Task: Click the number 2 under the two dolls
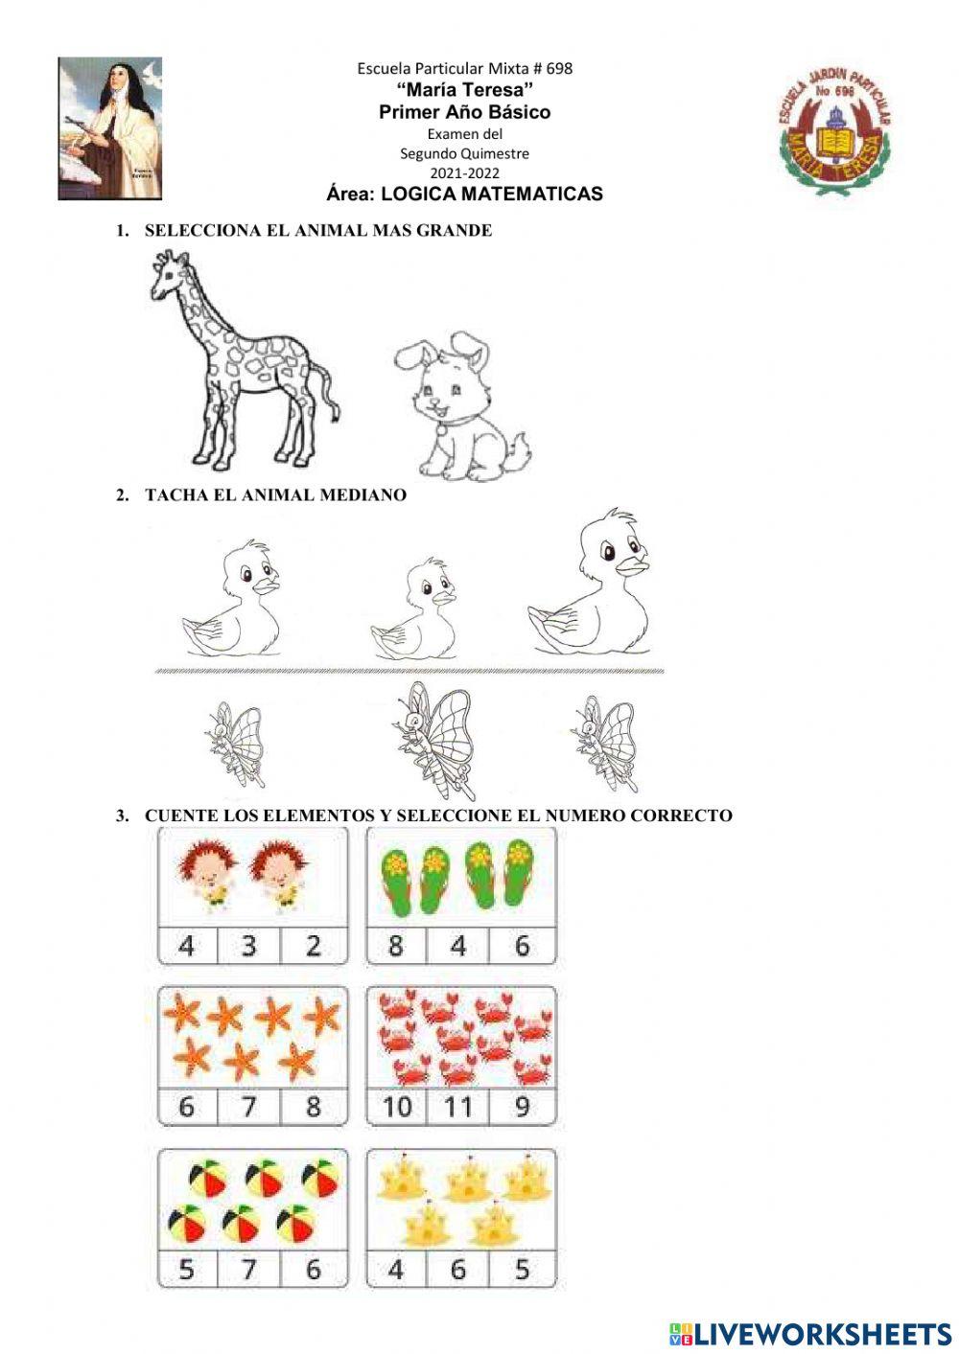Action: [313, 946]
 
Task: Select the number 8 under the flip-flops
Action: [396, 946]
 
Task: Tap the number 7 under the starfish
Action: [249, 1107]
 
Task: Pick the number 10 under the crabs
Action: [396, 1108]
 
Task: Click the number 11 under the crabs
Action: [457, 1108]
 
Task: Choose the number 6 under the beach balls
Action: [313, 1270]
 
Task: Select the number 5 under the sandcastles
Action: [522, 1270]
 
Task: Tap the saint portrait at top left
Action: [110, 128]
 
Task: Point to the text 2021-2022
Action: [464, 173]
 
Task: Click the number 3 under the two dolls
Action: [249, 946]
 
